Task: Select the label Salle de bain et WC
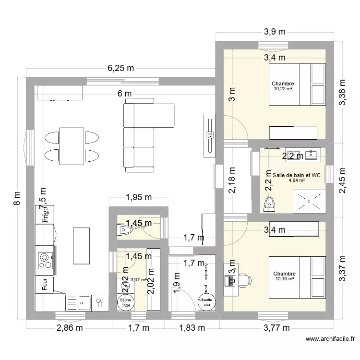(x=296, y=175)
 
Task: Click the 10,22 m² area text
(x=283, y=89)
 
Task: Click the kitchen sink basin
(x=84, y=302)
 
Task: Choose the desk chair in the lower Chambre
(x=244, y=280)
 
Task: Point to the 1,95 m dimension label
(x=138, y=197)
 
